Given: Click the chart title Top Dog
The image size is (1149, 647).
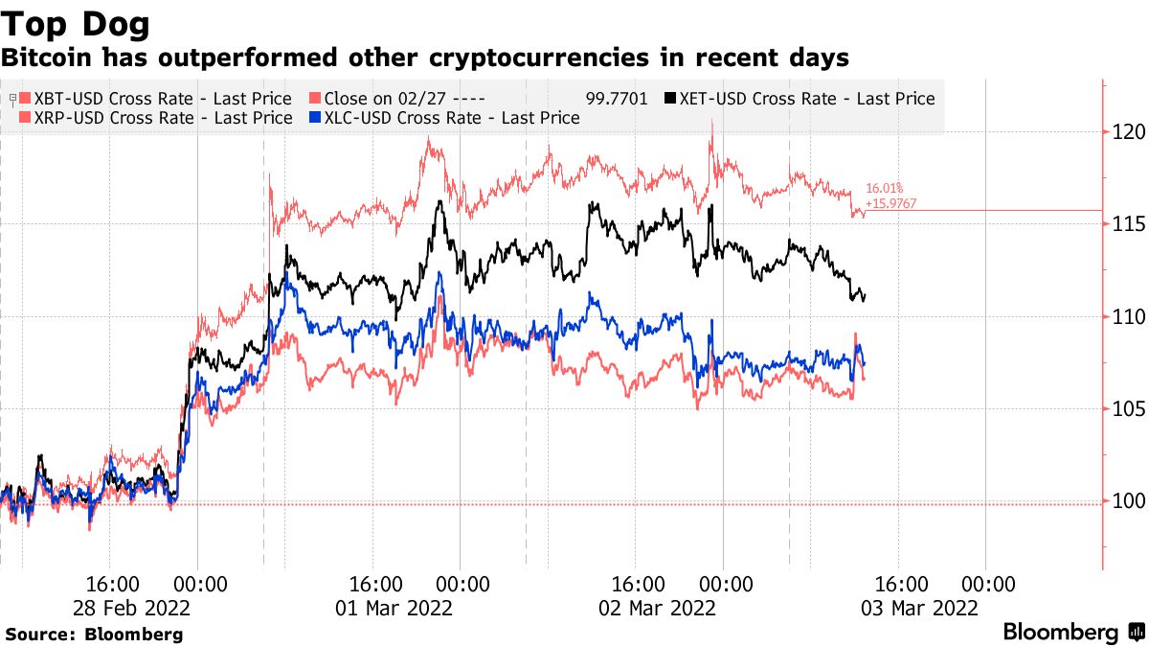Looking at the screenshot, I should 76,21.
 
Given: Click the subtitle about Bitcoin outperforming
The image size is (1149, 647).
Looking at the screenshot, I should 424,58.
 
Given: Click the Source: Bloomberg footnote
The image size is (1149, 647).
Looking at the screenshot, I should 94,634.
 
